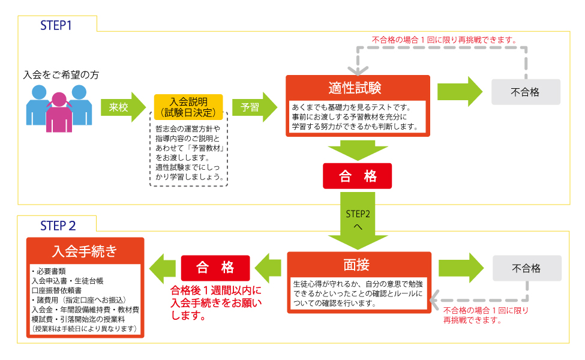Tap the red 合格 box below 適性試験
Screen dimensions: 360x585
[358, 176]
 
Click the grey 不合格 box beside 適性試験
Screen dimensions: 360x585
[525, 92]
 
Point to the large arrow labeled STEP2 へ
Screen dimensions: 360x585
[358, 220]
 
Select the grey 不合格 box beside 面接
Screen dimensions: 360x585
[526, 268]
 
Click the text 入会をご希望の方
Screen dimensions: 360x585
[61, 76]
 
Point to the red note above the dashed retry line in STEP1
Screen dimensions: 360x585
[443, 40]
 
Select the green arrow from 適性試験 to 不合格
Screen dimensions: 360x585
[460, 92]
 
